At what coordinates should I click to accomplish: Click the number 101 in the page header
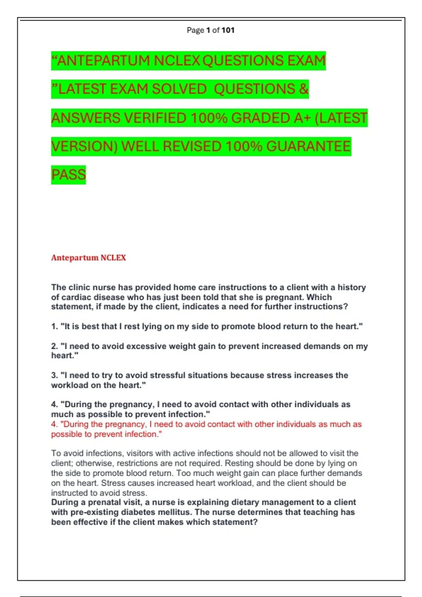228,30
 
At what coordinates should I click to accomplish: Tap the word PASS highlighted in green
69,175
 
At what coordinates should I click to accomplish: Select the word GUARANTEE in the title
308,146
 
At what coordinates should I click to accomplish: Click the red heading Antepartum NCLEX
88,258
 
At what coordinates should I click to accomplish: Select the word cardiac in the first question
75,297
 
